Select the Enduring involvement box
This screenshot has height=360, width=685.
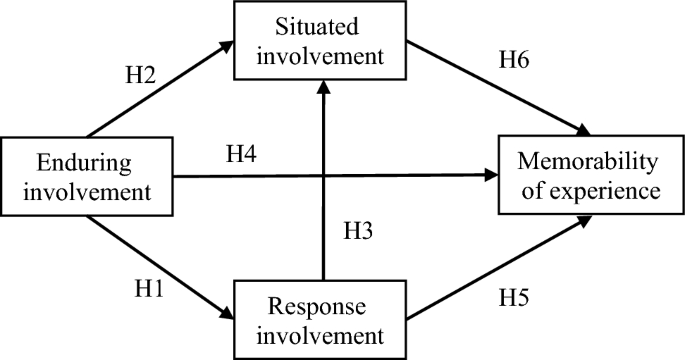tap(87, 177)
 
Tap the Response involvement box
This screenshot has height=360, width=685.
tap(321, 317)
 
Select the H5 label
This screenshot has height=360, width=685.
tap(520, 297)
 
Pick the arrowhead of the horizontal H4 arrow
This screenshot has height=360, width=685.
tap(491, 177)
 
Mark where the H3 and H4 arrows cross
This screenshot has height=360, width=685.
tap(322, 177)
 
